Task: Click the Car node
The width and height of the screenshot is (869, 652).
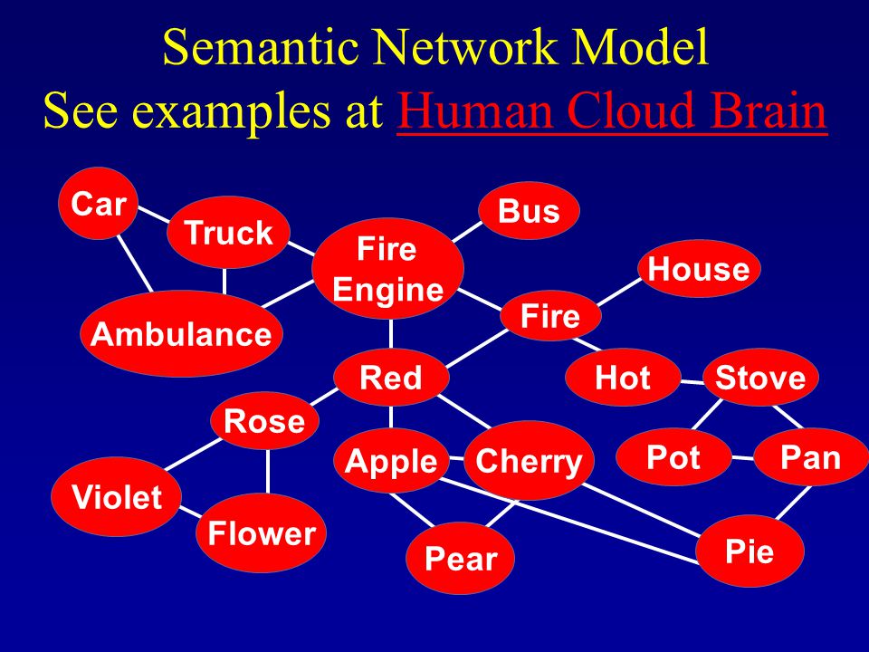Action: (98, 204)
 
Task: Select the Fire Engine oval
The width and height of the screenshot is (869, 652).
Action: (388, 269)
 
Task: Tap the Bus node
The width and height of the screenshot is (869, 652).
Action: (529, 211)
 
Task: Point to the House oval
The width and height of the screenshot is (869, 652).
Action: (699, 269)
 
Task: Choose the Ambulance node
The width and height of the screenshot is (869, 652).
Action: (181, 334)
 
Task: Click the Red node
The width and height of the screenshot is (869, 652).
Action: (391, 378)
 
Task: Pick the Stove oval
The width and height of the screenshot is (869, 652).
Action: (760, 378)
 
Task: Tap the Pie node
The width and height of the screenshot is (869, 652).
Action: (750, 551)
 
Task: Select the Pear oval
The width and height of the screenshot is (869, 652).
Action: (460, 558)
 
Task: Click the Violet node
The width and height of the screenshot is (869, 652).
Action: (117, 496)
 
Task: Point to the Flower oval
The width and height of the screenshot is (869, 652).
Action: (261, 532)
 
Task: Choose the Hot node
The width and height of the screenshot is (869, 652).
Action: (623, 378)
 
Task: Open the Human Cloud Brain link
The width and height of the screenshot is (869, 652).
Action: (612, 110)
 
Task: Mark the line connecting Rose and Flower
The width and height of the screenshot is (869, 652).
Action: (268, 471)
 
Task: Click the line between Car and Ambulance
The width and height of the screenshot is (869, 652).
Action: (135, 264)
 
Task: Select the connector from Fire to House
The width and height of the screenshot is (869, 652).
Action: (619, 292)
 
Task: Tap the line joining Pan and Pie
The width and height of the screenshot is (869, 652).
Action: (794, 503)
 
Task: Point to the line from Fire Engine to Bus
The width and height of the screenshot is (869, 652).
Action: (467, 232)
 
